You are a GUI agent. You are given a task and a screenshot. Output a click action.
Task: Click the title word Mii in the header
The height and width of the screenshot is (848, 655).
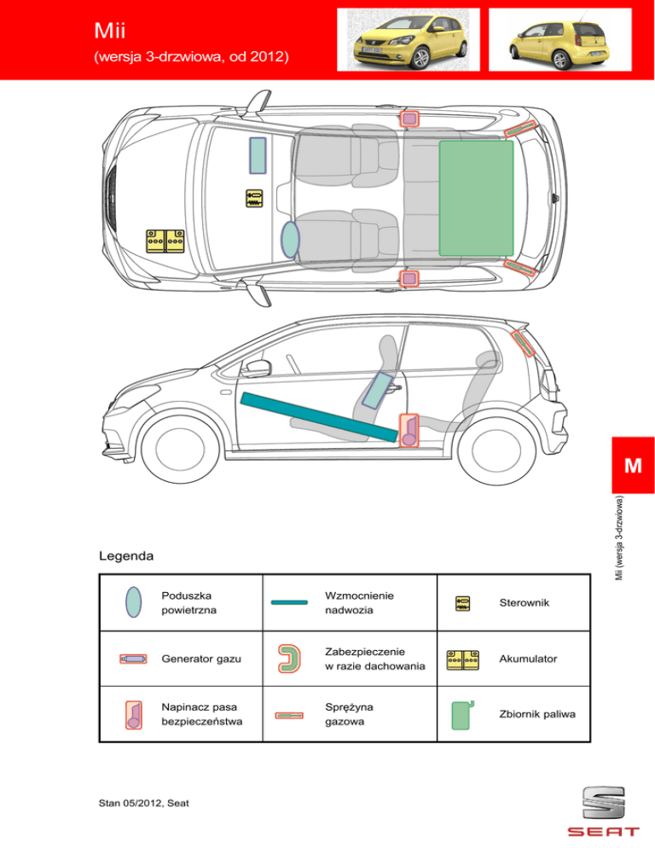point(112,32)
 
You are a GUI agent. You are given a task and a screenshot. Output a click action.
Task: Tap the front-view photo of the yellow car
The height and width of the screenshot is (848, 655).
point(408,40)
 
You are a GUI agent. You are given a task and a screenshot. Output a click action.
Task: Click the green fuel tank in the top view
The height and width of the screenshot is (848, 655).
point(476,197)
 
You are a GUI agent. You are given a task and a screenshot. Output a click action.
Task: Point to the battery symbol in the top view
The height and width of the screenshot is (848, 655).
point(165,241)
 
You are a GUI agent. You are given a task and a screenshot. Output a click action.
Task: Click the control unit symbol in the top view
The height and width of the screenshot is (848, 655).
point(254,198)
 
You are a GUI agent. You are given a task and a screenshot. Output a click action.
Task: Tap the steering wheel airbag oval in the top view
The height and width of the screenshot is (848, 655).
point(291,240)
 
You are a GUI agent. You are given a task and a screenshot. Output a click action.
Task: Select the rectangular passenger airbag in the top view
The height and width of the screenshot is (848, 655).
point(258,155)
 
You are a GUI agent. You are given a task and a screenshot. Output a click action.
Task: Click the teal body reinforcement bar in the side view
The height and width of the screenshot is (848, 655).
point(320,415)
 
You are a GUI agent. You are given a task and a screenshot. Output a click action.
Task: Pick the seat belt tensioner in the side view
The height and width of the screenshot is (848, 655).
point(409,430)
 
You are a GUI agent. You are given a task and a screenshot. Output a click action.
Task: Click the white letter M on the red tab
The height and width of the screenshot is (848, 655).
point(632,466)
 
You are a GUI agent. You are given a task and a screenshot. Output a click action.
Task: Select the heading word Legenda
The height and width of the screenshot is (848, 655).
point(126,556)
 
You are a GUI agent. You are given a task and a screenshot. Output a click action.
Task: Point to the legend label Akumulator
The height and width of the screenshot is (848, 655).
point(532,659)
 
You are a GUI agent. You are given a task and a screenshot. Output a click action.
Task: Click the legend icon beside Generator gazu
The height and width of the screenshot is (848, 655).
point(131,659)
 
